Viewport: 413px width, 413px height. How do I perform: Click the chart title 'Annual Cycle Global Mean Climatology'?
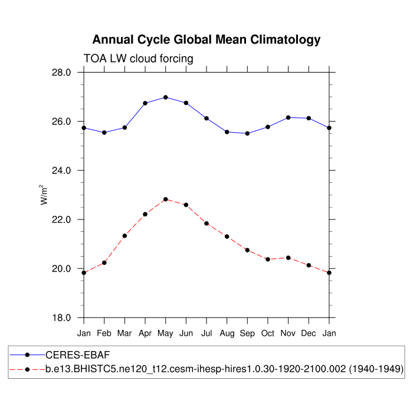coord(206,40)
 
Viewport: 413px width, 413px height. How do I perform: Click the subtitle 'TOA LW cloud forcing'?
coord(139,58)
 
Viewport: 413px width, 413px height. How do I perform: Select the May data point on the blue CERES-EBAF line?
coord(166,97)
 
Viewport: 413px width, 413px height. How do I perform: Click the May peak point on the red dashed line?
coord(166,199)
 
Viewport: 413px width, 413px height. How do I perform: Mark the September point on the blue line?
coord(247,133)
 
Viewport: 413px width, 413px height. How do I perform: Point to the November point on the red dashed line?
coord(288,258)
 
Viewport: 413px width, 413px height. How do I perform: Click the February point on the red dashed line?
coord(104,263)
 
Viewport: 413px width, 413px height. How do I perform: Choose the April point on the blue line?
coord(145,103)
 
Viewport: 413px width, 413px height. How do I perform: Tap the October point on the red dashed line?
coord(268,260)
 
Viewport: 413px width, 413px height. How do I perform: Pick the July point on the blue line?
coord(206,119)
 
